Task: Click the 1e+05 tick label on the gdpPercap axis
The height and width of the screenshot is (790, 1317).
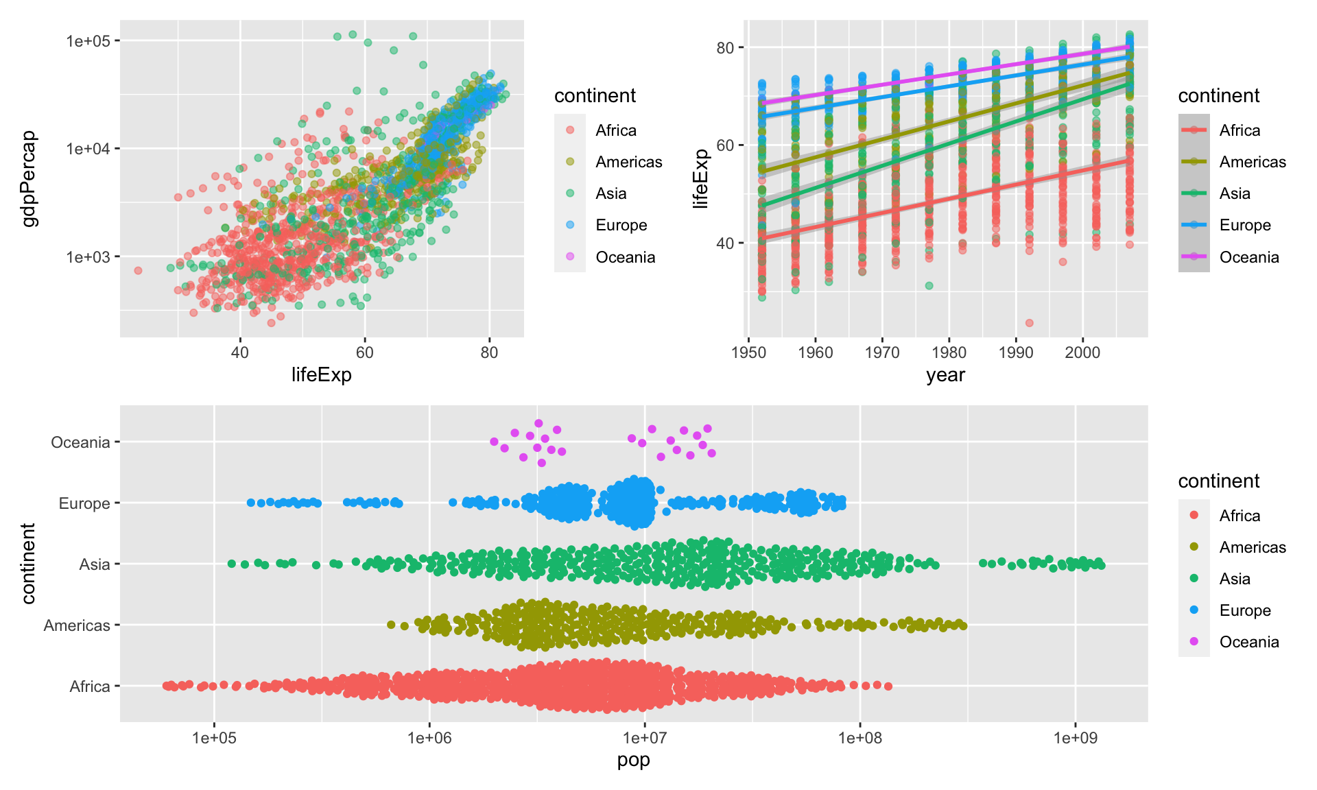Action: (x=88, y=41)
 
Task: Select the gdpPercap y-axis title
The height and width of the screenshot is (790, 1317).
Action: (x=29, y=179)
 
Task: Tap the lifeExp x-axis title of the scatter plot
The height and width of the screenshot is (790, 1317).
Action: (x=321, y=374)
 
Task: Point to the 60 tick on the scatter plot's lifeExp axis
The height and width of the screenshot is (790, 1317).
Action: (x=364, y=352)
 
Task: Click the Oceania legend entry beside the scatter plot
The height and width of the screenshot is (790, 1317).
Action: (x=625, y=257)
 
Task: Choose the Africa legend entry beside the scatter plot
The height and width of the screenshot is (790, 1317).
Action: (x=615, y=130)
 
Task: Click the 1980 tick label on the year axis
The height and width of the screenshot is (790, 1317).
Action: (x=949, y=352)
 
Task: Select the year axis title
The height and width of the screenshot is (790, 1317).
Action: (x=945, y=375)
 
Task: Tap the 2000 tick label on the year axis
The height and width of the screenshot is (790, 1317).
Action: (x=1082, y=352)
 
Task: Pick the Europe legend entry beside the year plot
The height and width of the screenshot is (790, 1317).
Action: (x=1244, y=225)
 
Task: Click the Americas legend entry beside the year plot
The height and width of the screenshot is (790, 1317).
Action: (x=1252, y=162)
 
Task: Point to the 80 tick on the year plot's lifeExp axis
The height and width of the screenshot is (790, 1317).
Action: (x=725, y=48)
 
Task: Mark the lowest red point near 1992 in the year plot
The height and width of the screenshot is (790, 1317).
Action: (x=1029, y=323)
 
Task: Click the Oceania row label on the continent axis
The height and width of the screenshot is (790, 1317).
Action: (x=80, y=442)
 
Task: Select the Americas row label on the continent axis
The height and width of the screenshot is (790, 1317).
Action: (x=77, y=625)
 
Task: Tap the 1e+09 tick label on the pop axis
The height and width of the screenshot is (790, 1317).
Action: (x=1075, y=738)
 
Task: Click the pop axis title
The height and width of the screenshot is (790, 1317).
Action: (x=633, y=760)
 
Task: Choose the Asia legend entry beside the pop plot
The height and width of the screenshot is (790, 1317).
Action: (x=1234, y=579)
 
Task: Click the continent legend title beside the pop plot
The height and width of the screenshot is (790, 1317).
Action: (x=1218, y=481)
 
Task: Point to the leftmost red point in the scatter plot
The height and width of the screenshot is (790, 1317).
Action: (x=138, y=270)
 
